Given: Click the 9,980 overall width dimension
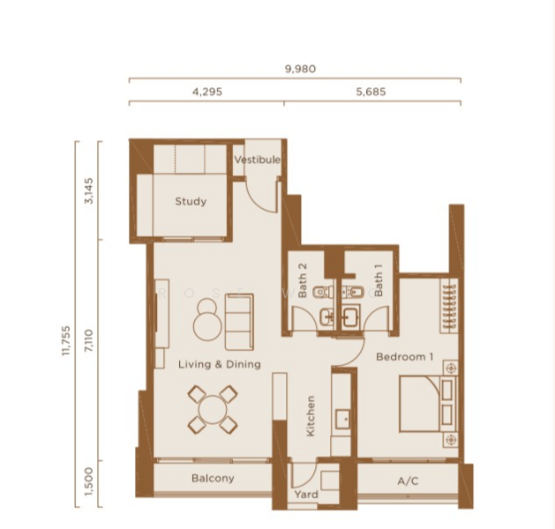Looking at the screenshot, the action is [x=300, y=69].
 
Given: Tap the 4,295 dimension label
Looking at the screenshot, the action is [x=207, y=92].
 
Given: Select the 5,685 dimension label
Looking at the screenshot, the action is [x=371, y=92].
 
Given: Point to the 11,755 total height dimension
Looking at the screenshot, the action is [x=66, y=340].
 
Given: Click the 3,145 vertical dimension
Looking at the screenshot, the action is [x=89, y=190].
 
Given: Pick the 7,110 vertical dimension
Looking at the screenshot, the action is [x=89, y=340].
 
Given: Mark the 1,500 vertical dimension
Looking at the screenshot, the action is [x=89, y=482].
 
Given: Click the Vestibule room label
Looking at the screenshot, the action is [x=258, y=160].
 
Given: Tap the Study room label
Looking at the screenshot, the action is [x=191, y=202].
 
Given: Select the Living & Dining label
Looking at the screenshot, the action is [x=220, y=364].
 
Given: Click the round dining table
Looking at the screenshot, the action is [x=213, y=410].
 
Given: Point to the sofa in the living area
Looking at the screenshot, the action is [x=240, y=322].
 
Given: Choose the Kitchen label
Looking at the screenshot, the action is [x=311, y=416].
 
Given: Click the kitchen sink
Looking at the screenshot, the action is [x=343, y=419].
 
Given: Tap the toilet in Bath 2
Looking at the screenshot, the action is [x=324, y=292].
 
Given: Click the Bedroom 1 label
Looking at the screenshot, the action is [x=405, y=357].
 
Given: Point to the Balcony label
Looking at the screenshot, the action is [x=213, y=479].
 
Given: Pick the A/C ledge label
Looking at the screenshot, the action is [x=408, y=481].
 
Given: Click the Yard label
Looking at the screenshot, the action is [x=306, y=495].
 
